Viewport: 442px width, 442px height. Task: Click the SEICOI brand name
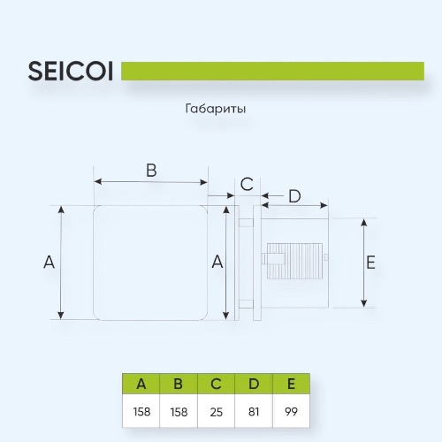(x=71, y=71)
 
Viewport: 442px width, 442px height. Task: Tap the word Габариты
(x=216, y=109)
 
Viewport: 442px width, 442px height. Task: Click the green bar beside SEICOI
(x=272, y=71)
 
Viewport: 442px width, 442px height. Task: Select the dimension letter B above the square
(x=151, y=171)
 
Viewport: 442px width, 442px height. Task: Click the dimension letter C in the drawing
(x=247, y=184)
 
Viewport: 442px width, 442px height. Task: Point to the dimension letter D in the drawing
(x=294, y=196)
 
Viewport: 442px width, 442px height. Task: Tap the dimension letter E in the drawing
(x=370, y=263)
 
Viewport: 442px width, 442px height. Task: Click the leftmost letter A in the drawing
(x=49, y=262)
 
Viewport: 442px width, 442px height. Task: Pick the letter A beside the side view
(x=217, y=262)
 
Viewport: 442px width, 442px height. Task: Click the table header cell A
(x=141, y=384)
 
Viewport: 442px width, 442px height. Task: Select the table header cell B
(x=179, y=384)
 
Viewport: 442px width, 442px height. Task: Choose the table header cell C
(x=216, y=384)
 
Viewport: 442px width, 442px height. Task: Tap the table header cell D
(x=254, y=384)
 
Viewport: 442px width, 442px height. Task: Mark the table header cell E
(x=291, y=384)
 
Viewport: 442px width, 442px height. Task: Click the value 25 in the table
(x=217, y=412)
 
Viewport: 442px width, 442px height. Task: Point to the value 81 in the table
(x=254, y=412)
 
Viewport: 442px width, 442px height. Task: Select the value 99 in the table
(x=291, y=412)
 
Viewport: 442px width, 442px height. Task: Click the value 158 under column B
(x=179, y=412)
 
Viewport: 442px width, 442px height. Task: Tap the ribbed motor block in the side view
(x=294, y=261)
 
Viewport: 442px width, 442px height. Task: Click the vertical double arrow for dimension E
(x=364, y=263)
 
